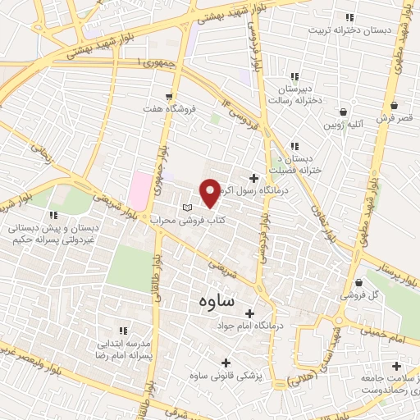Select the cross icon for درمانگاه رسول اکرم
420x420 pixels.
click(254, 178)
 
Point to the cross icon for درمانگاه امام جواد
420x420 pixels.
click(249, 313)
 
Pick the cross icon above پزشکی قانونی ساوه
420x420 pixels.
click(226, 362)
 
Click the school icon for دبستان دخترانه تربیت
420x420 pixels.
click(350, 17)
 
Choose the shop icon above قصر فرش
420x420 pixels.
click(395, 105)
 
